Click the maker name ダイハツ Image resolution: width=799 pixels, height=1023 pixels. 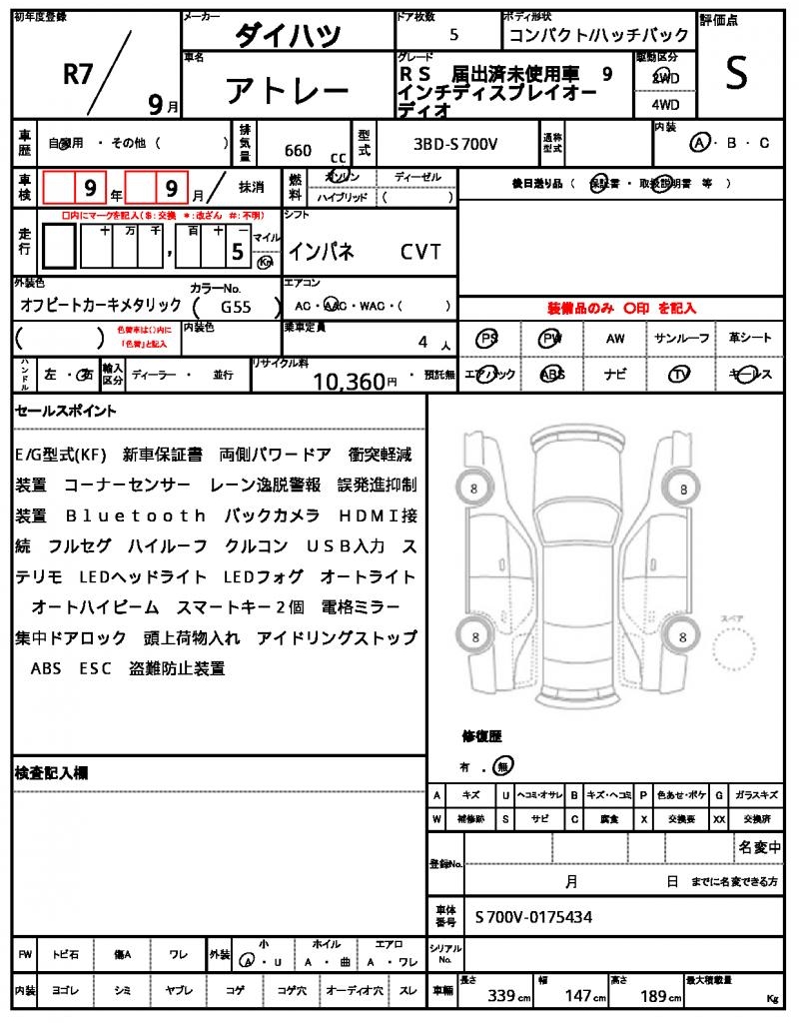click(x=288, y=36)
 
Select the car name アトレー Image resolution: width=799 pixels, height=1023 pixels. click(x=288, y=91)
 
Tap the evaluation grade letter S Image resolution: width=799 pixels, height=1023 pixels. click(x=736, y=74)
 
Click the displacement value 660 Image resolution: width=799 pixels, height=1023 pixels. click(x=298, y=150)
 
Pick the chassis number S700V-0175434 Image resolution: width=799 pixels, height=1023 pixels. click(x=533, y=915)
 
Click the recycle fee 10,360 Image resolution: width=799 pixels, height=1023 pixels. click(x=349, y=381)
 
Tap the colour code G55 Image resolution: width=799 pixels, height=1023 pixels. click(x=237, y=309)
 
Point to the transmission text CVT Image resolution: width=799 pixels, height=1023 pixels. click(x=420, y=252)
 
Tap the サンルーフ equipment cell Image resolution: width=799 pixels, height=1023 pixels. click(x=682, y=339)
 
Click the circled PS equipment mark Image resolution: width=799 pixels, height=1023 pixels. click(x=487, y=339)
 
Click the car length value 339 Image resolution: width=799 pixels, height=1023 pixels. click(x=500, y=996)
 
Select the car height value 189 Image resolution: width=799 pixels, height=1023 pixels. click(x=653, y=996)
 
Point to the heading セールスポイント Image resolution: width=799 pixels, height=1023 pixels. click(x=66, y=411)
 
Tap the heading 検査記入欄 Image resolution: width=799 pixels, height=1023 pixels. click(x=51, y=772)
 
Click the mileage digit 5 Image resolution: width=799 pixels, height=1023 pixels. click(x=238, y=252)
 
